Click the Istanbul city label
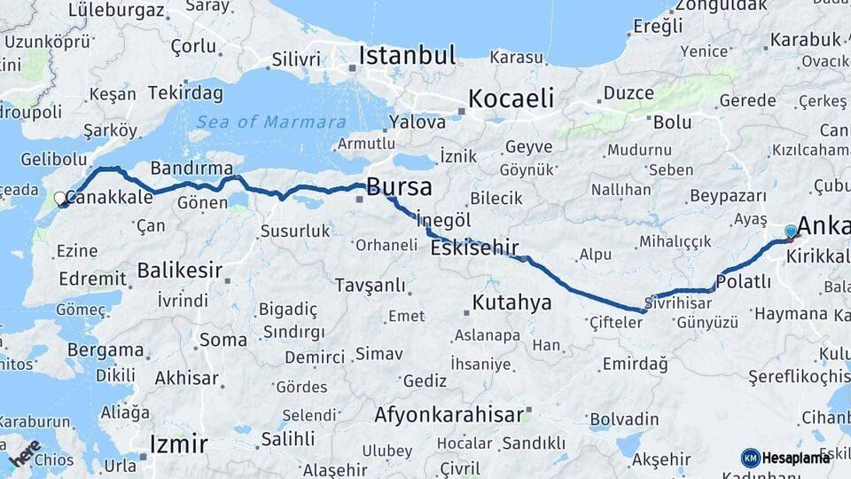click(x=407, y=56)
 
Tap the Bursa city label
click(x=399, y=187)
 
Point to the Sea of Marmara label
click(x=271, y=122)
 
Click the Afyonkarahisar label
click(x=449, y=414)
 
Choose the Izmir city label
click(x=178, y=444)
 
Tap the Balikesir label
click(x=180, y=270)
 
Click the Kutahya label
click(x=511, y=302)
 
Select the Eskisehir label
click(x=474, y=248)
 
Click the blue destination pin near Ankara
click(x=791, y=232)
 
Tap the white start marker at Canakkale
click(x=60, y=199)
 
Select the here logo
click(x=24, y=453)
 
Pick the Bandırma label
click(x=191, y=168)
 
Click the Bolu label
click(x=671, y=122)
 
